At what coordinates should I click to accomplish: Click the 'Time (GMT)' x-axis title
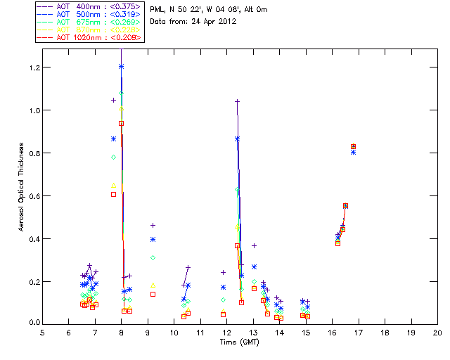(x=240, y=342)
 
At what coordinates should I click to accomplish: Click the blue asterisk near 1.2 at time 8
(x=121, y=67)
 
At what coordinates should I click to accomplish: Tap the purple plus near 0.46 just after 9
(x=153, y=225)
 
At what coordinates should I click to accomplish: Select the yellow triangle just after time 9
(x=153, y=285)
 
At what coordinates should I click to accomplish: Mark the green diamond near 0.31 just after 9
(x=153, y=258)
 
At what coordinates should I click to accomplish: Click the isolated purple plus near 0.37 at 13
(x=254, y=245)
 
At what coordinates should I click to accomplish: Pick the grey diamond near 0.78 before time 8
(x=113, y=157)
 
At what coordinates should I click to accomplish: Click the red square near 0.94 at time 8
(x=121, y=123)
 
